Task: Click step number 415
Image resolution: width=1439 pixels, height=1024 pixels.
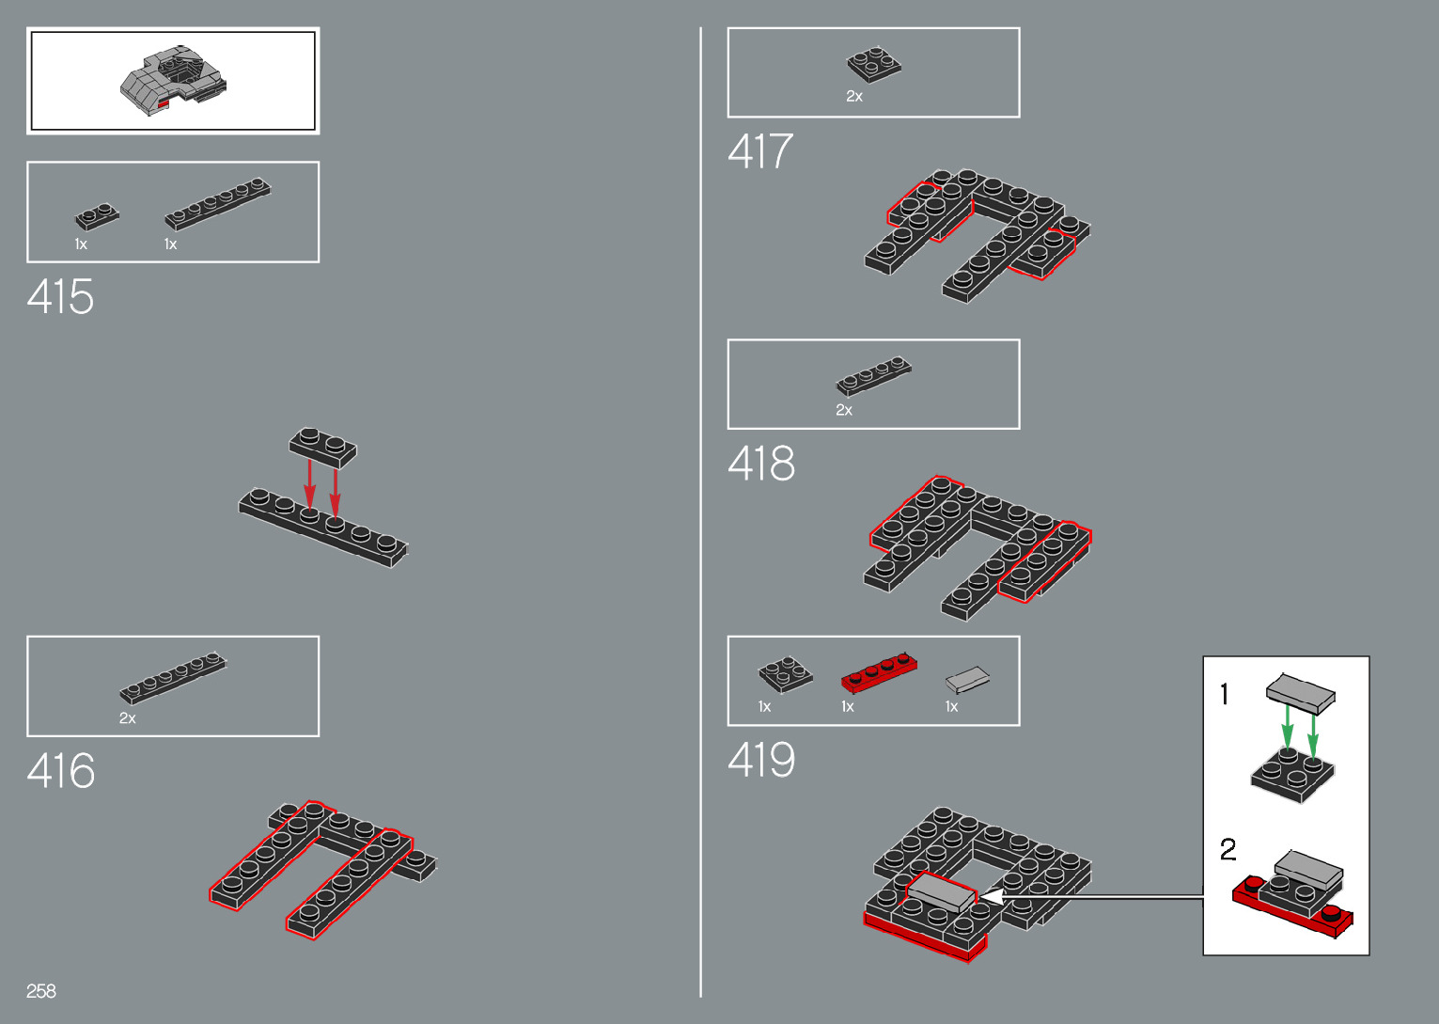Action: (x=61, y=297)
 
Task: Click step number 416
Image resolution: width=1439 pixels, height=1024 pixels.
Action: (x=61, y=771)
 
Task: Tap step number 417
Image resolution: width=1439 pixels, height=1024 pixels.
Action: (x=760, y=151)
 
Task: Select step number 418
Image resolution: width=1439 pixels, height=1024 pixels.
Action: (x=761, y=464)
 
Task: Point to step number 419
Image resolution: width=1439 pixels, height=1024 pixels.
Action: (x=761, y=760)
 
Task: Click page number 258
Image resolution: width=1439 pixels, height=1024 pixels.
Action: (x=41, y=991)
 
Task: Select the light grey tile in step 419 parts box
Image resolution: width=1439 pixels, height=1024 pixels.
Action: (x=967, y=679)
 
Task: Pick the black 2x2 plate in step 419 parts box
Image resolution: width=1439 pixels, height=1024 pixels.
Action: (x=786, y=673)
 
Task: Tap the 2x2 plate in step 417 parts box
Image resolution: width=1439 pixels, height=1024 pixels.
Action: (x=873, y=64)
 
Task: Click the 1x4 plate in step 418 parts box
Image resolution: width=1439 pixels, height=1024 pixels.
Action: (x=873, y=375)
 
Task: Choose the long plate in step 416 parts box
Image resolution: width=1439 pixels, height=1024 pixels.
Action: (x=173, y=678)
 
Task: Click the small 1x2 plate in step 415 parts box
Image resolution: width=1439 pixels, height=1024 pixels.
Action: (x=97, y=217)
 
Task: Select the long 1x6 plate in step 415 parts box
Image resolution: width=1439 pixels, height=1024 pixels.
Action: (x=218, y=204)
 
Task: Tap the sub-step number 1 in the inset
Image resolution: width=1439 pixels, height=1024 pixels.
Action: (x=1224, y=695)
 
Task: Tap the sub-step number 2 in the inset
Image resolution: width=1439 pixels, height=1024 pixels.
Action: (x=1228, y=850)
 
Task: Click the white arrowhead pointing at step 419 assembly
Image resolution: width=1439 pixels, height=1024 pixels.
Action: (x=990, y=898)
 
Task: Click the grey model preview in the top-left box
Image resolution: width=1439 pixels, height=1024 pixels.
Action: (x=173, y=80)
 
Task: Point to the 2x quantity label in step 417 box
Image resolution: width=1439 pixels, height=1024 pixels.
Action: (x=854, y=97)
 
